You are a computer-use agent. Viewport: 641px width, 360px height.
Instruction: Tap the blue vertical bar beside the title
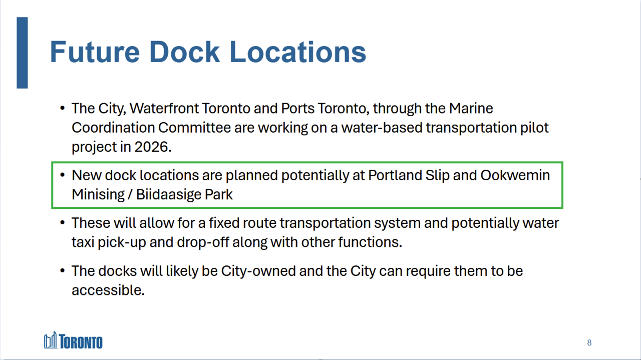22,53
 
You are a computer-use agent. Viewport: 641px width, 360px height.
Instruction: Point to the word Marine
471,108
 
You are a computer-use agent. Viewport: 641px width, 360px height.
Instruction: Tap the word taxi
83,242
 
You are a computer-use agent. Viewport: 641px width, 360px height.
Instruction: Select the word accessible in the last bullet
106,290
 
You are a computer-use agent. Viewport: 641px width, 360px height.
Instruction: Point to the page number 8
589,343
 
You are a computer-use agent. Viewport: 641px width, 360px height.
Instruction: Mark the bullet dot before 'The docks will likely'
62,271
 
